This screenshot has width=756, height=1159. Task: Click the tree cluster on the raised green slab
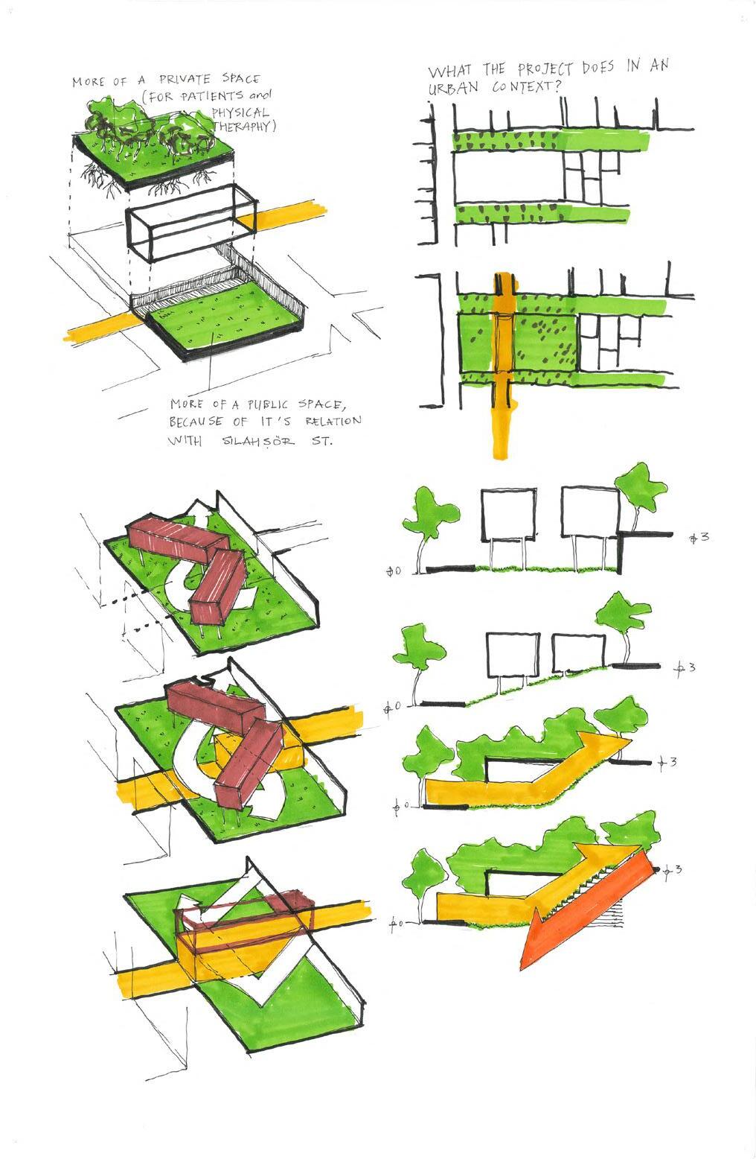[x=149, y=127]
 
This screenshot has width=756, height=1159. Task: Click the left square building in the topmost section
[x=508, y=513]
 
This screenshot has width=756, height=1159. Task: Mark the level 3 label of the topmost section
[x=699, y=536]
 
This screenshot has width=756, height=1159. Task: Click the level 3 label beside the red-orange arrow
[x=672, y=869]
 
